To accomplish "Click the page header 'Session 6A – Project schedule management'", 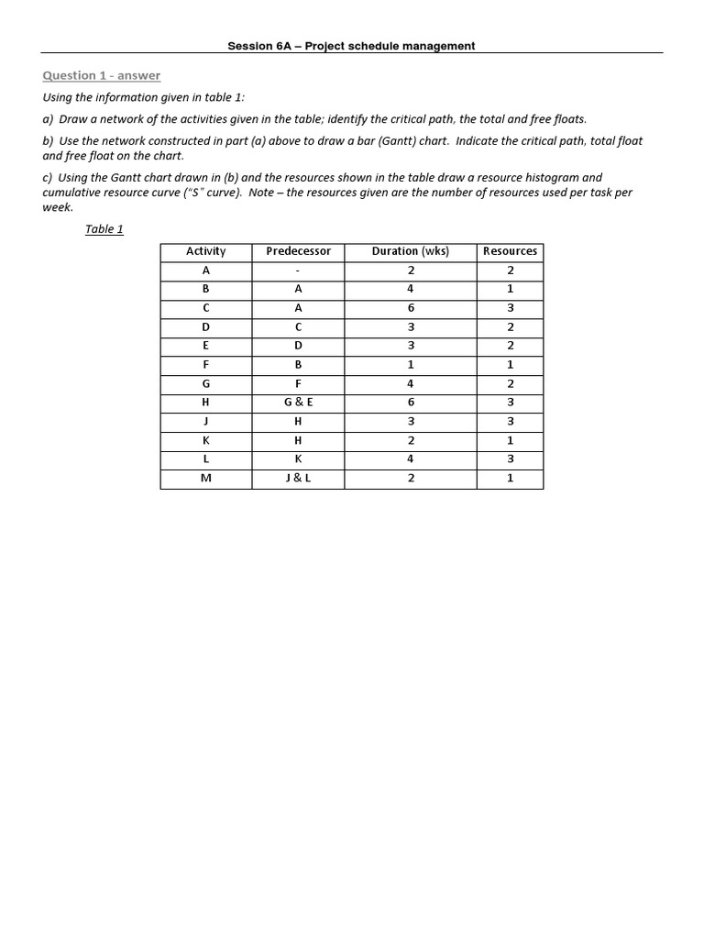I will [x=351, y=46].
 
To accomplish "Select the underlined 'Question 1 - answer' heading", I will [x=102, y=75].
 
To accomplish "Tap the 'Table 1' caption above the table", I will [x=104, y=229].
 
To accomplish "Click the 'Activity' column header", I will [x=205, y=251].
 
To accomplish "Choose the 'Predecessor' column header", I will [x=298, y=251].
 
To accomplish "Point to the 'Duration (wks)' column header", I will [x=410, y=251].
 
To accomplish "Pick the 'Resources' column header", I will [x=510, y=251].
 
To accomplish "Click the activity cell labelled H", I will [x=205, y=402].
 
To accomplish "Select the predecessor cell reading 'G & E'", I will [x=298, y=402].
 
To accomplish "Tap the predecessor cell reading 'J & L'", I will [x=298, y=478].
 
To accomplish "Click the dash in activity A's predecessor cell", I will [x=298, y=271].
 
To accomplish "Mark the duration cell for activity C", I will [x=410, y=308].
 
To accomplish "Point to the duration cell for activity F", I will [x=410, y=364].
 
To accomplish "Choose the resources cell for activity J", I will [x=510, y=421].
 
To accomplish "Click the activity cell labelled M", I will [x=205, y=478].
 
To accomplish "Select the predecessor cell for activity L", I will [x=298, y=458].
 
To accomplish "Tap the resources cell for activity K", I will [x=510, y=440].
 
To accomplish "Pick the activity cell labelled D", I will [x=205, y=326].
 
